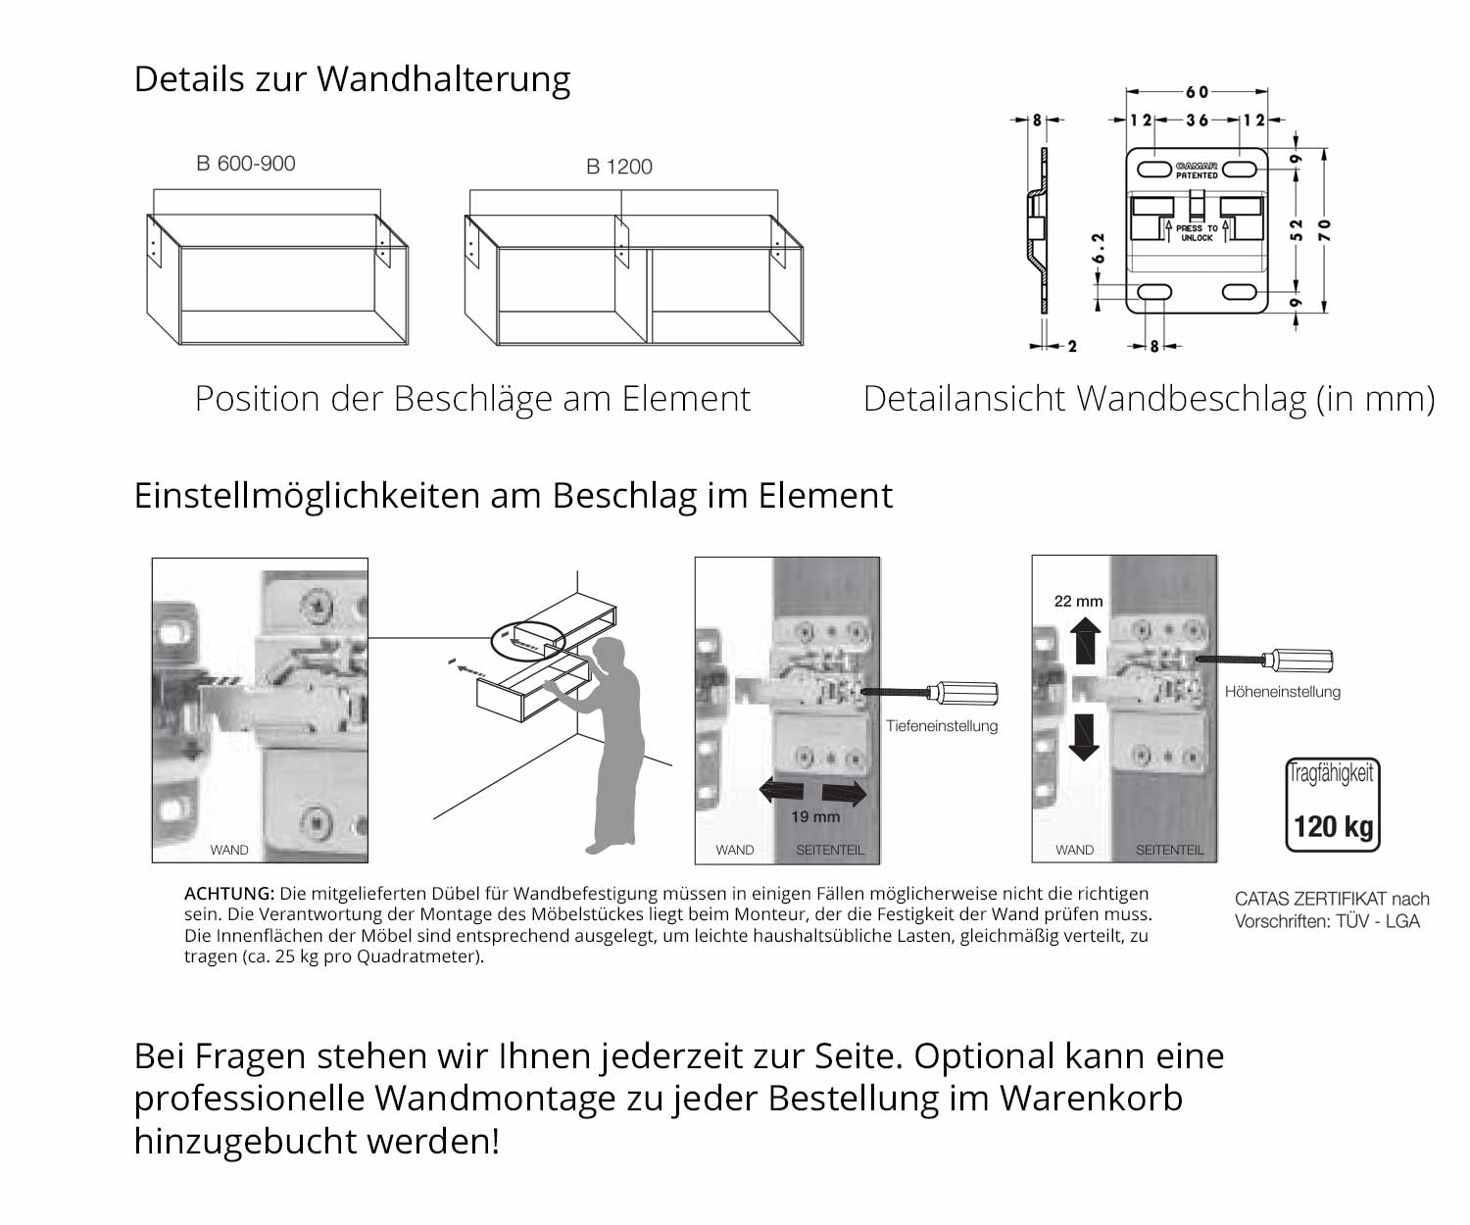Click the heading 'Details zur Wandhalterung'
(x=352, y=79)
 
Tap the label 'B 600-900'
(x=246, y=164)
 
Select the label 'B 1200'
(x=618, y=167)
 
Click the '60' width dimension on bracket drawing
(x=1197, y=92)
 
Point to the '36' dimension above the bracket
(x=1197, y=121)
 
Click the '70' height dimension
(x=1325, y=230)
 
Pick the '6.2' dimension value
(x=1099, y=248)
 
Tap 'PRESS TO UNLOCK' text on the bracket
(x=1197, y=233)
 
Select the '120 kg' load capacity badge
(x=1332, y=805)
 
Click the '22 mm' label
(x=1078, y=601)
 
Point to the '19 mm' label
(x=815, y=816)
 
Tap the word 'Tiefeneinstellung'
(x=942, y=726)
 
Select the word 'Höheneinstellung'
(x=1282, y=692)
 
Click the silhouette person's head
(x=610, y=655)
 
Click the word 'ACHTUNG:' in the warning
(x=229, y=894)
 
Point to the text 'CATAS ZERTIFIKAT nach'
(x=1331, y=899)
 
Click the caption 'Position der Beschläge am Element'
(x=472, y=399)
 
